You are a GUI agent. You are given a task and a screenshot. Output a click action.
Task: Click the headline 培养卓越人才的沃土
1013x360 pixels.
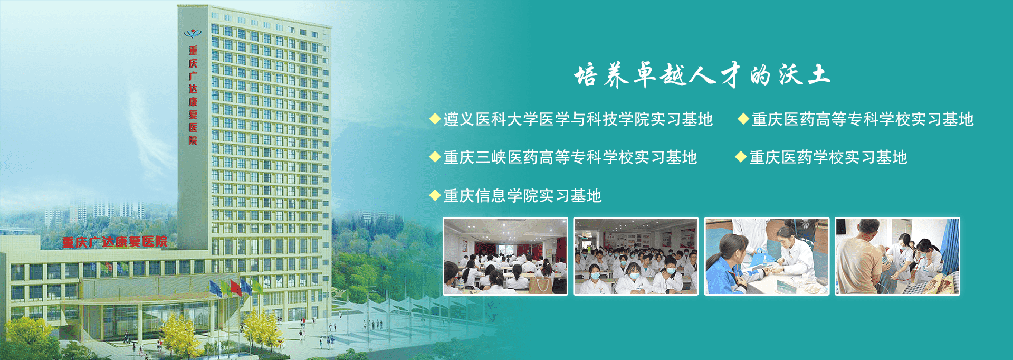coord(702,74)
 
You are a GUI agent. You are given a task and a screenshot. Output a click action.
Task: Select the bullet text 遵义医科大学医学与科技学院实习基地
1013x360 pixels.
coord(578,119)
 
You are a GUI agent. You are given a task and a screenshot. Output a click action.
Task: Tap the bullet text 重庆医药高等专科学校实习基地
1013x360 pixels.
coord(863,119)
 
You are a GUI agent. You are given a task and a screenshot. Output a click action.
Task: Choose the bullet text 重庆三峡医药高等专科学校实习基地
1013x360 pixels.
coord(570,157)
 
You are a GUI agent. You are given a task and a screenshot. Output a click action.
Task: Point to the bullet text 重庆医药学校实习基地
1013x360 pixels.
coord(828,157)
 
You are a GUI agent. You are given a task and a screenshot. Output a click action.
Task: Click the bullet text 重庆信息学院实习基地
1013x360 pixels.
coord(522,196)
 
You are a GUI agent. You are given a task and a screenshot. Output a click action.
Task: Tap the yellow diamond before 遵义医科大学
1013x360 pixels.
coord(435,119)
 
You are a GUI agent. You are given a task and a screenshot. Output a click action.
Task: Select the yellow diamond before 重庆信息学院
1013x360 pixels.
coord(435,195)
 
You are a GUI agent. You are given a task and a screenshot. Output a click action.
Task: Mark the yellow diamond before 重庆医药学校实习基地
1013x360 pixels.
coord(741,157)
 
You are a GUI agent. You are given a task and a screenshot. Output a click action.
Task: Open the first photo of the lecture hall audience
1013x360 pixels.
coord(505,256)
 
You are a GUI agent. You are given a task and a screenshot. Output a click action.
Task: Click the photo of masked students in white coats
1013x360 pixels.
coord(636,256)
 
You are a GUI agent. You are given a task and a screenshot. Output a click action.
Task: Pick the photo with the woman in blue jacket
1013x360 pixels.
coord(767,256)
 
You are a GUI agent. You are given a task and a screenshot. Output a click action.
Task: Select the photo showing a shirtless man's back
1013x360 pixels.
coord(897,256)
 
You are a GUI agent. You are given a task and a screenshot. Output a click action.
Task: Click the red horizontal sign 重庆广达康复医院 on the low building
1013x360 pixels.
coord(114,242)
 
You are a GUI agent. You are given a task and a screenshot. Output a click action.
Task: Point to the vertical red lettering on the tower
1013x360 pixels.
coord(193,95)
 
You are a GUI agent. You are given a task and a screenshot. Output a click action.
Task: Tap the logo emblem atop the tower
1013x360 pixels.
coord(193,34)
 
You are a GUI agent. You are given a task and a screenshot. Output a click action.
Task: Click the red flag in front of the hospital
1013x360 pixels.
coord(235,287)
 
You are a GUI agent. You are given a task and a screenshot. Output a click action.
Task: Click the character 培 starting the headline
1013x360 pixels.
coord(586,75)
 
